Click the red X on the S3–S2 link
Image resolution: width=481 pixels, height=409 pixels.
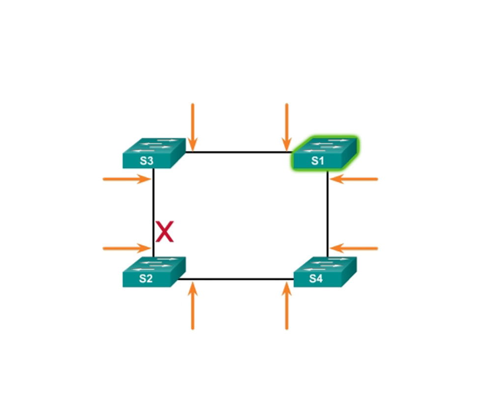165,231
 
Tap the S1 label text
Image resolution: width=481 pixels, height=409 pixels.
317,161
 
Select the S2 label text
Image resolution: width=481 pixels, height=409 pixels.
146,278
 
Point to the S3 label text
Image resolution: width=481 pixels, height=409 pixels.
146,161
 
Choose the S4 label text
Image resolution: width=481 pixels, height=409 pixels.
316,278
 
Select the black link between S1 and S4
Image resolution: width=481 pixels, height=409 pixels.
328,214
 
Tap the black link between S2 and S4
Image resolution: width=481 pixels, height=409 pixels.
236,279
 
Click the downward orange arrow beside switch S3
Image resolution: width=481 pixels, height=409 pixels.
193,127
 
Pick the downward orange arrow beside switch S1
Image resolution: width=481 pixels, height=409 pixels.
286,127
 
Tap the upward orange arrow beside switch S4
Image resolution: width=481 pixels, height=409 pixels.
286,306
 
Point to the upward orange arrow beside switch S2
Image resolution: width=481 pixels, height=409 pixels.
193,306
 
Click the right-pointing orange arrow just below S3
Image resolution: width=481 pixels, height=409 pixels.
127,179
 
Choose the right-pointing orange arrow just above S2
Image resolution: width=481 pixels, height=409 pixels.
127,248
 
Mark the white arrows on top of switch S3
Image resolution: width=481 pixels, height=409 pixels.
156,145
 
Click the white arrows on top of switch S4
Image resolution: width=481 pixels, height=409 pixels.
327,264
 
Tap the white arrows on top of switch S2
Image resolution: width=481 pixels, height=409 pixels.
156,264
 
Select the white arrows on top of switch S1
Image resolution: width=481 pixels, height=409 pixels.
327,145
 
